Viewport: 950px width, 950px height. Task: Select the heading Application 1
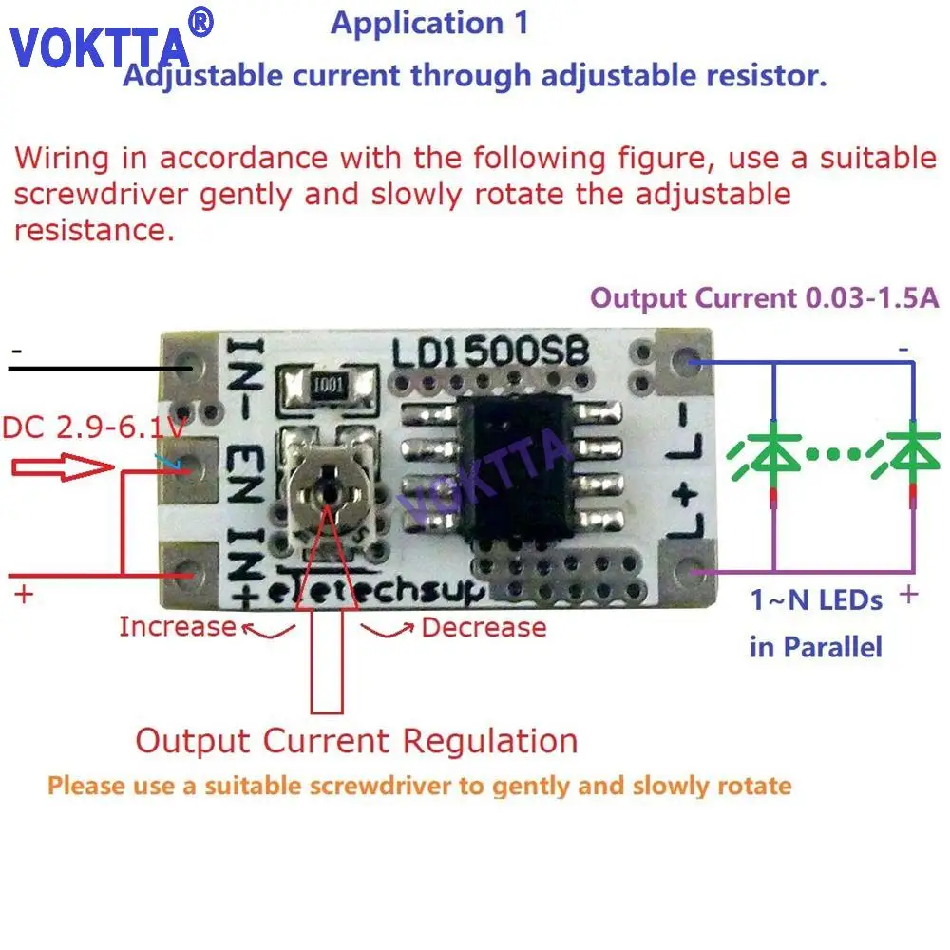coord(429,24)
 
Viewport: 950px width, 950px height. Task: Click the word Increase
coord(177,627)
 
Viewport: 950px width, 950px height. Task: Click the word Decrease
coord(484,627)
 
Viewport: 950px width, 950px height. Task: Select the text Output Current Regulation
coord(356,741)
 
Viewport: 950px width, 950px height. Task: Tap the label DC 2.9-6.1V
coord(93,428)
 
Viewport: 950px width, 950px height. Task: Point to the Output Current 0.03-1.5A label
coord(765,298)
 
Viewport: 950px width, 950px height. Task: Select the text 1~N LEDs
coord(816,600)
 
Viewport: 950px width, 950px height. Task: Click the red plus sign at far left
coord(24,596)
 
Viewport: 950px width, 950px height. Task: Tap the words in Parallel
coord(816,648)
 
